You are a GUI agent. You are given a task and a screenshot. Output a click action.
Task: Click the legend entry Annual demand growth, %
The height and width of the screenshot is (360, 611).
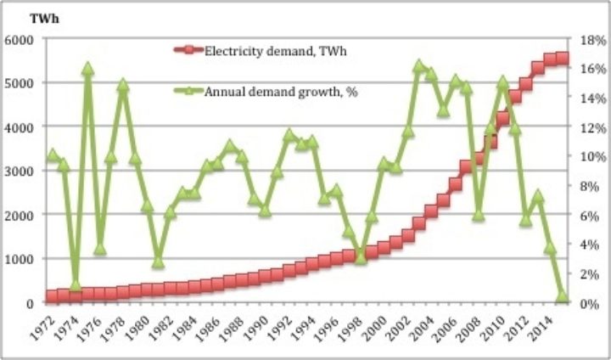point(280,92)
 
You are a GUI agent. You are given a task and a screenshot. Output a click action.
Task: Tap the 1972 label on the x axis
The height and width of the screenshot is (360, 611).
point(51,328)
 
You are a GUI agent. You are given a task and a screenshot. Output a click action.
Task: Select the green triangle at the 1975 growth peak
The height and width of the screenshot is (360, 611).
point(87,68)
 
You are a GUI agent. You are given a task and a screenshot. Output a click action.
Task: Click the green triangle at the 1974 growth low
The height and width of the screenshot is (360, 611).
point(76,285)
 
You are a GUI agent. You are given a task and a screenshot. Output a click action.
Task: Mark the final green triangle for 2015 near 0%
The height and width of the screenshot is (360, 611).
point(562,296)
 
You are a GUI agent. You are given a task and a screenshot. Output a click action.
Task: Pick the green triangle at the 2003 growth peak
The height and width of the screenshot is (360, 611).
point(418,65)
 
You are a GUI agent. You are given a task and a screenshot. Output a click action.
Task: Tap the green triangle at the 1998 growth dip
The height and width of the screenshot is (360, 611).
point(360,256)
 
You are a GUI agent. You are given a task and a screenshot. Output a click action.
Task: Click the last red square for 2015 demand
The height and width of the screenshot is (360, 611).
point(562,59)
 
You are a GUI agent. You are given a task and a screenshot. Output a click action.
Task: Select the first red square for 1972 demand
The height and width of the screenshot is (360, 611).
point(52,296)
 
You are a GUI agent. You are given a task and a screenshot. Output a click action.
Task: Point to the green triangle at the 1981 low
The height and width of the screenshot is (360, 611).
point(158,262)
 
